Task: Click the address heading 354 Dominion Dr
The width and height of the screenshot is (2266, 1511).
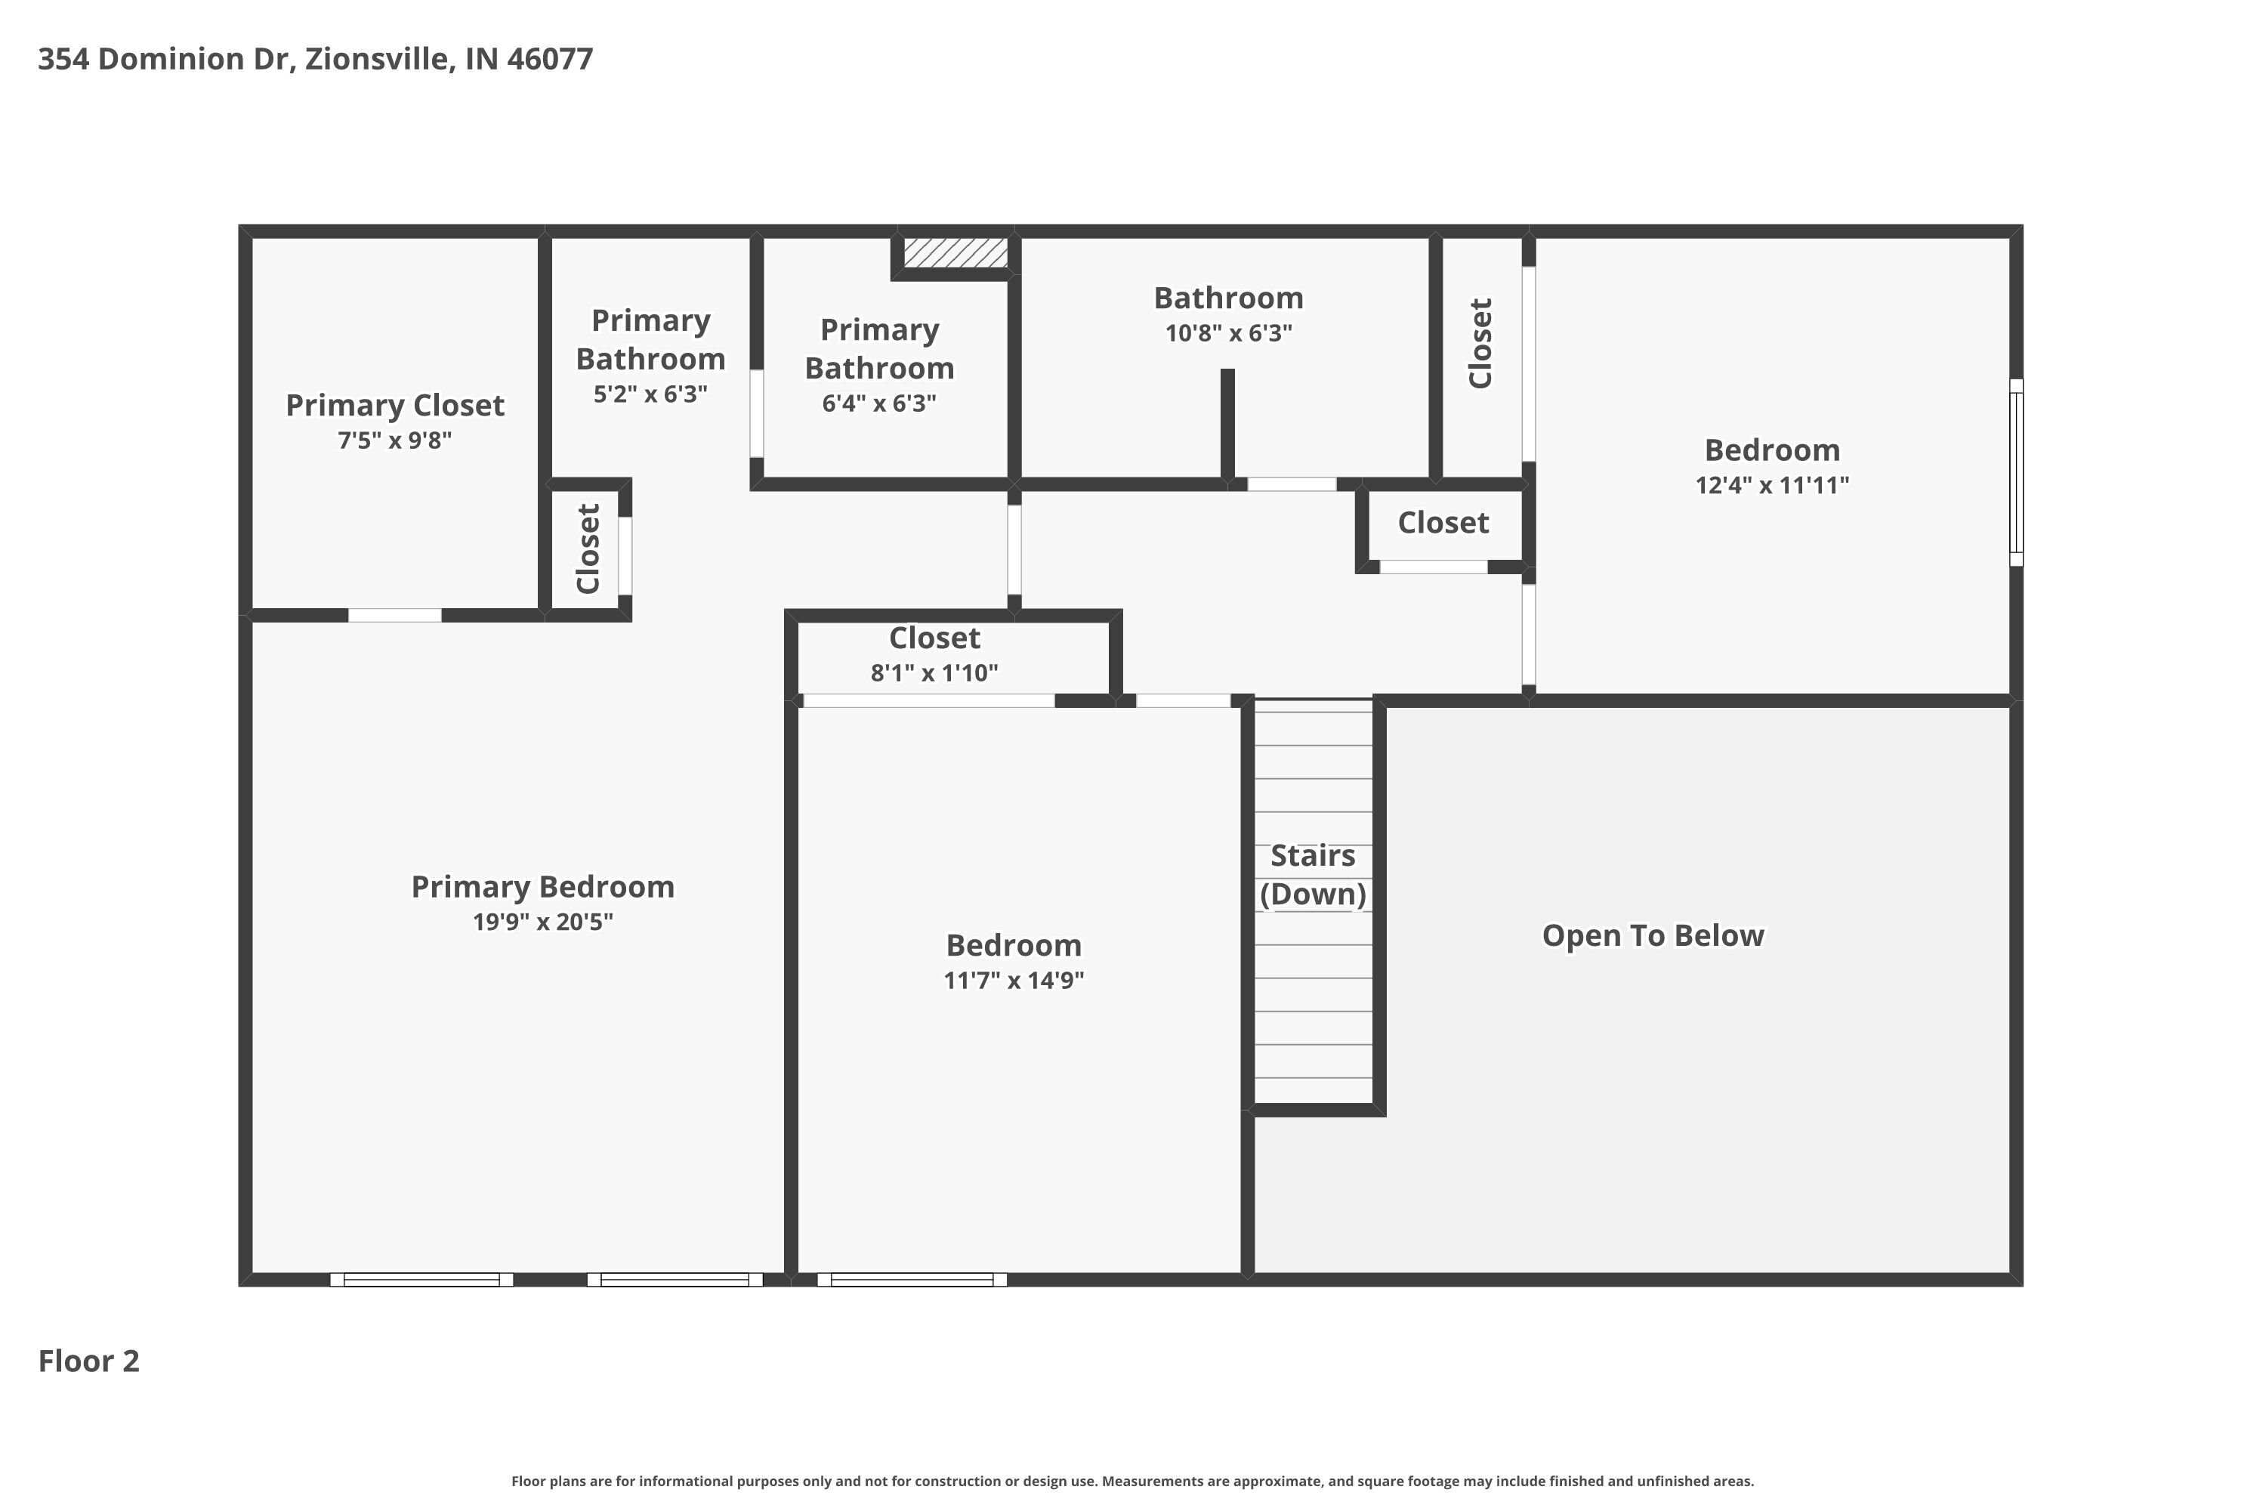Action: point(315,59)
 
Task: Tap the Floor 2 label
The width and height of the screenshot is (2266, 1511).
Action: point(88,1361)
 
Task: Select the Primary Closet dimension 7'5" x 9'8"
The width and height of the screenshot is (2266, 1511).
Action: point(394,440)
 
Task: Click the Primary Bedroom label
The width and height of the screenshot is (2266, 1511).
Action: point(542,886)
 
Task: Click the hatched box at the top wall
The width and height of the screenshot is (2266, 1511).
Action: point(955,253)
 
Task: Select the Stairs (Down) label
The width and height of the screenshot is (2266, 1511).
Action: point(1312,874)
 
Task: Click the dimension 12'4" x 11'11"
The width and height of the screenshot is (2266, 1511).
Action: point(1772,485)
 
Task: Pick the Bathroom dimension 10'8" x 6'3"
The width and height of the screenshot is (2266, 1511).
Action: point(1228,333)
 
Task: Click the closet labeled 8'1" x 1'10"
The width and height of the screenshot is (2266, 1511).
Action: point(934,655)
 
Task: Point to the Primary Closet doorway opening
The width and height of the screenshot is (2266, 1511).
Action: point(394,616)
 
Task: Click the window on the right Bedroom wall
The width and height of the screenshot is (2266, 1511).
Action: point(2015,472)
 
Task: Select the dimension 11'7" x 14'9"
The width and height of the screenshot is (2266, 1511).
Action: point(1014,980)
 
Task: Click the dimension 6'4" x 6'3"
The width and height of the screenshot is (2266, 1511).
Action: point(878,403)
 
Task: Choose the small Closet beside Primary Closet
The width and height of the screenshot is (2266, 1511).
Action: point(588,549)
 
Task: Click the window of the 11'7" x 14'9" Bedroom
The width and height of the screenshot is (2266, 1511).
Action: point(912,1280)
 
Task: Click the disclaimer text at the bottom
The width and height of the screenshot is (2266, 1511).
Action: point(1132,1481)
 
